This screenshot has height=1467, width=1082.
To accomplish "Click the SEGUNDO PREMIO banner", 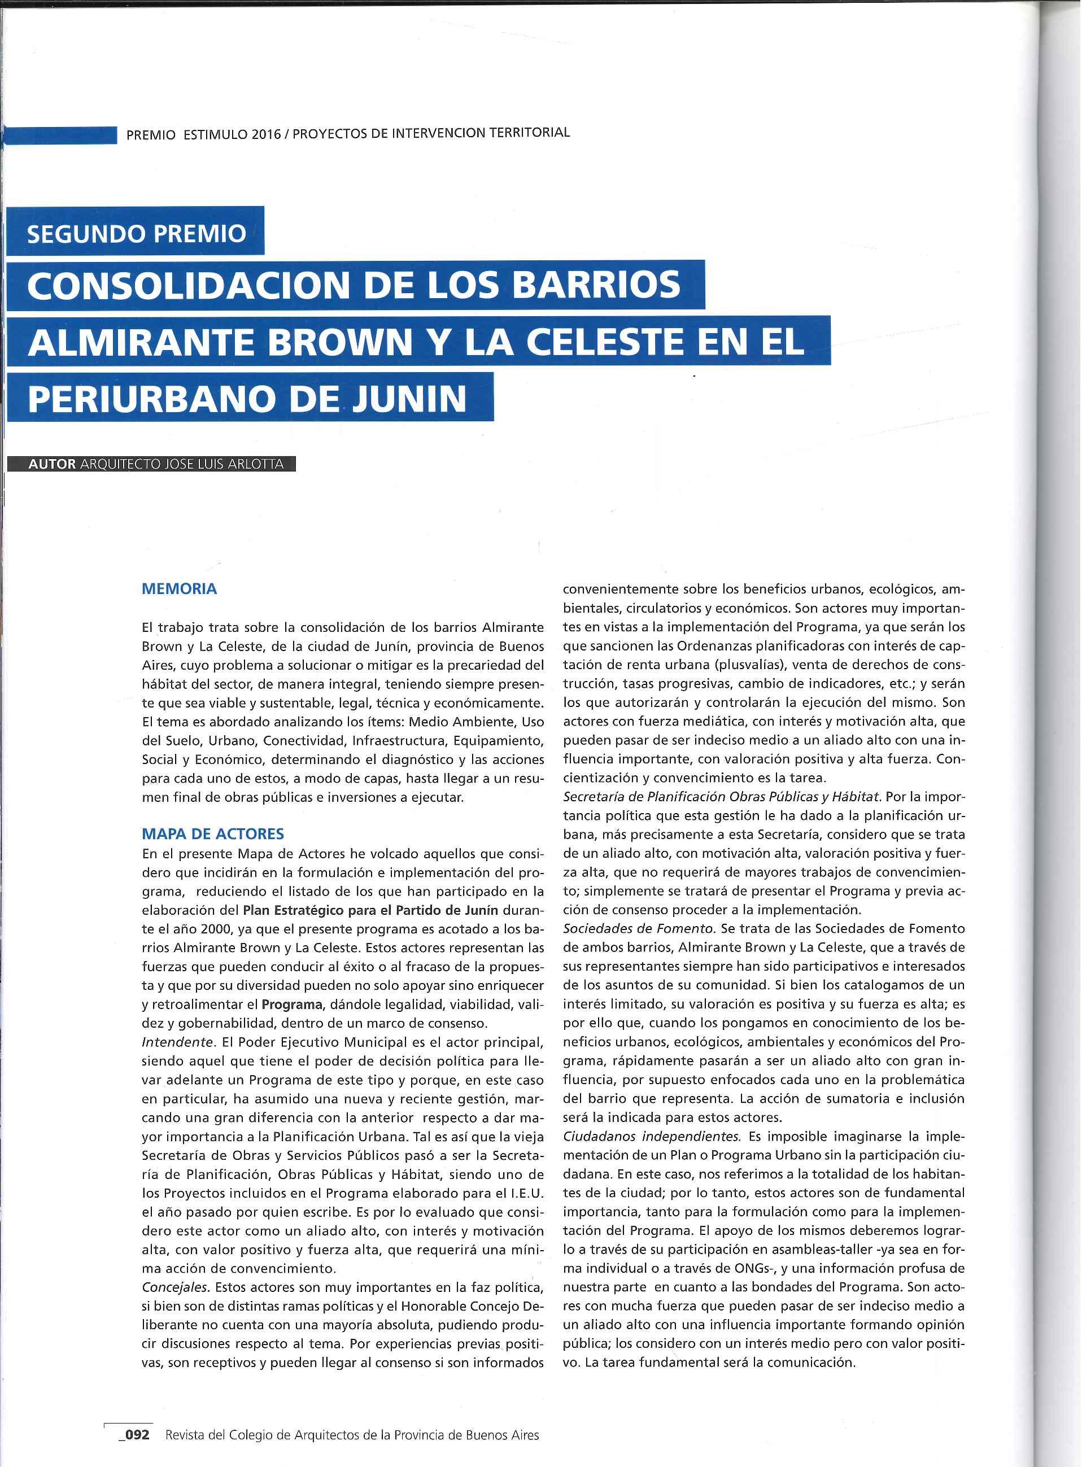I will coord(136,233).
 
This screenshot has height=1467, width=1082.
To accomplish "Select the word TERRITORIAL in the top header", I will coord(530,132).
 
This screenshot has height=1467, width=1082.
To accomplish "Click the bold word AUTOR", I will coord(52,464).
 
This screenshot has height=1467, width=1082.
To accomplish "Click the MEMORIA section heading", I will coord(179,589).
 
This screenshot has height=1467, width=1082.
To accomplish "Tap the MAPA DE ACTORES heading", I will coord(213,833).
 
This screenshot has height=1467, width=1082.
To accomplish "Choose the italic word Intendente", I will coord(177,1042).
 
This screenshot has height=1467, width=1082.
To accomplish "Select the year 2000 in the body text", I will coord(216,929).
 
